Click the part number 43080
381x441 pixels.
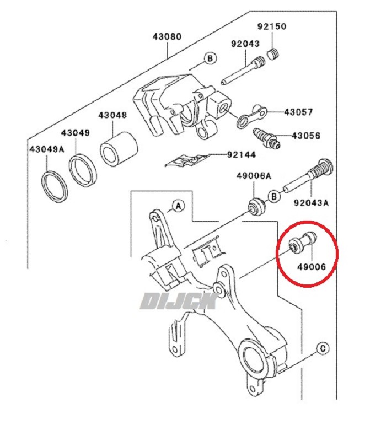pos(167,36)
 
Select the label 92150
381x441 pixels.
pos(272,26)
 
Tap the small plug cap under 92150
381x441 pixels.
pos(272,53)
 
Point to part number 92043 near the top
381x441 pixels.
pos(245,44)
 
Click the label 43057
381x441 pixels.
pos(298,112)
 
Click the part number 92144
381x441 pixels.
pos(242,155)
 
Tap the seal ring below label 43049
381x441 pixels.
pos(83,170)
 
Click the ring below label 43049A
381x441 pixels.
pos(55,186)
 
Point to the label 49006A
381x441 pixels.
pos(254,176)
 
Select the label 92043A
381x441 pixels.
pos(311,202)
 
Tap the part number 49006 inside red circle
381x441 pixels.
pos(312,266)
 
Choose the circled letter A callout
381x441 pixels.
pos(179,206)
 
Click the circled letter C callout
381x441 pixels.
pos(323,349)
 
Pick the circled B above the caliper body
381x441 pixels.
pos(210,58)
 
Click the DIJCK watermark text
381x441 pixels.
pos(179,301)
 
